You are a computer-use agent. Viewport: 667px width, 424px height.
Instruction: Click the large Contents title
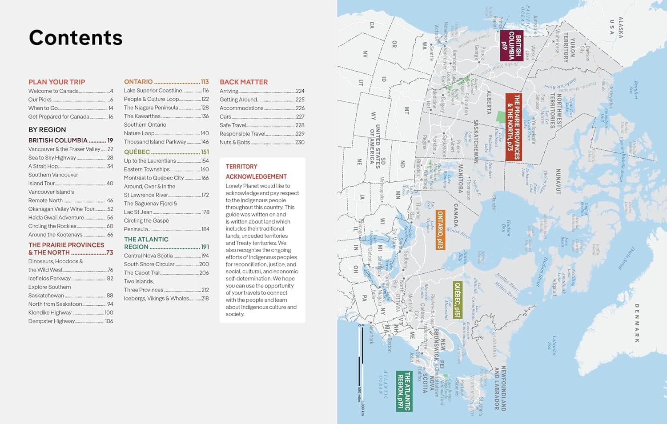coord(76,38)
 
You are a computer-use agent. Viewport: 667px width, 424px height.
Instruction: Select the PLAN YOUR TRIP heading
coord(56,82)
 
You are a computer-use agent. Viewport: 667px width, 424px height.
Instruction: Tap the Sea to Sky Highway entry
coord(52,158)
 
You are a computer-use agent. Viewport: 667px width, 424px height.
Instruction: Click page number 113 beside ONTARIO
coord(205,82)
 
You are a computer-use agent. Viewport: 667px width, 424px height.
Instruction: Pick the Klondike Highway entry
coord(50,312)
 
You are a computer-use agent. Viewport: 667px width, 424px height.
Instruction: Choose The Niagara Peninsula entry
coord(151,108)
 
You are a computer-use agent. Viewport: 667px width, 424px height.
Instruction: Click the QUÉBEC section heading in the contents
coord(137,152)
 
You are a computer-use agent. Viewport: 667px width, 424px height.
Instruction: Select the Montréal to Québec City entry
coord(153,178)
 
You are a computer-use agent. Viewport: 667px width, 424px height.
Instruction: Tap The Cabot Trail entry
coord(142,273)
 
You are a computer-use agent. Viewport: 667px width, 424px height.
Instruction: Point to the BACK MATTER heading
coord(244,82)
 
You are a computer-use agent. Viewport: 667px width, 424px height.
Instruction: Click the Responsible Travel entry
coord(242,134)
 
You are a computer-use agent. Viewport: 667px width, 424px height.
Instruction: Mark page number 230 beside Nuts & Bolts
coord(300,142)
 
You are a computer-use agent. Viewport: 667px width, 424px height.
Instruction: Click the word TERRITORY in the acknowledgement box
coord(241,167)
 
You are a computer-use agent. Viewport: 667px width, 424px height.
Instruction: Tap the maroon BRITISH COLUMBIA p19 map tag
coord(511,45)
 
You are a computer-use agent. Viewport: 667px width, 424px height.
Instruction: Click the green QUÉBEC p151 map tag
coord(457,300)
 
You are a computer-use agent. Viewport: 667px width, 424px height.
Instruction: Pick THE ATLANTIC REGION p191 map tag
coord(404,391)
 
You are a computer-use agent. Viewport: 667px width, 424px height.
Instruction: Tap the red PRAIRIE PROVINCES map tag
coord(514,127)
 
